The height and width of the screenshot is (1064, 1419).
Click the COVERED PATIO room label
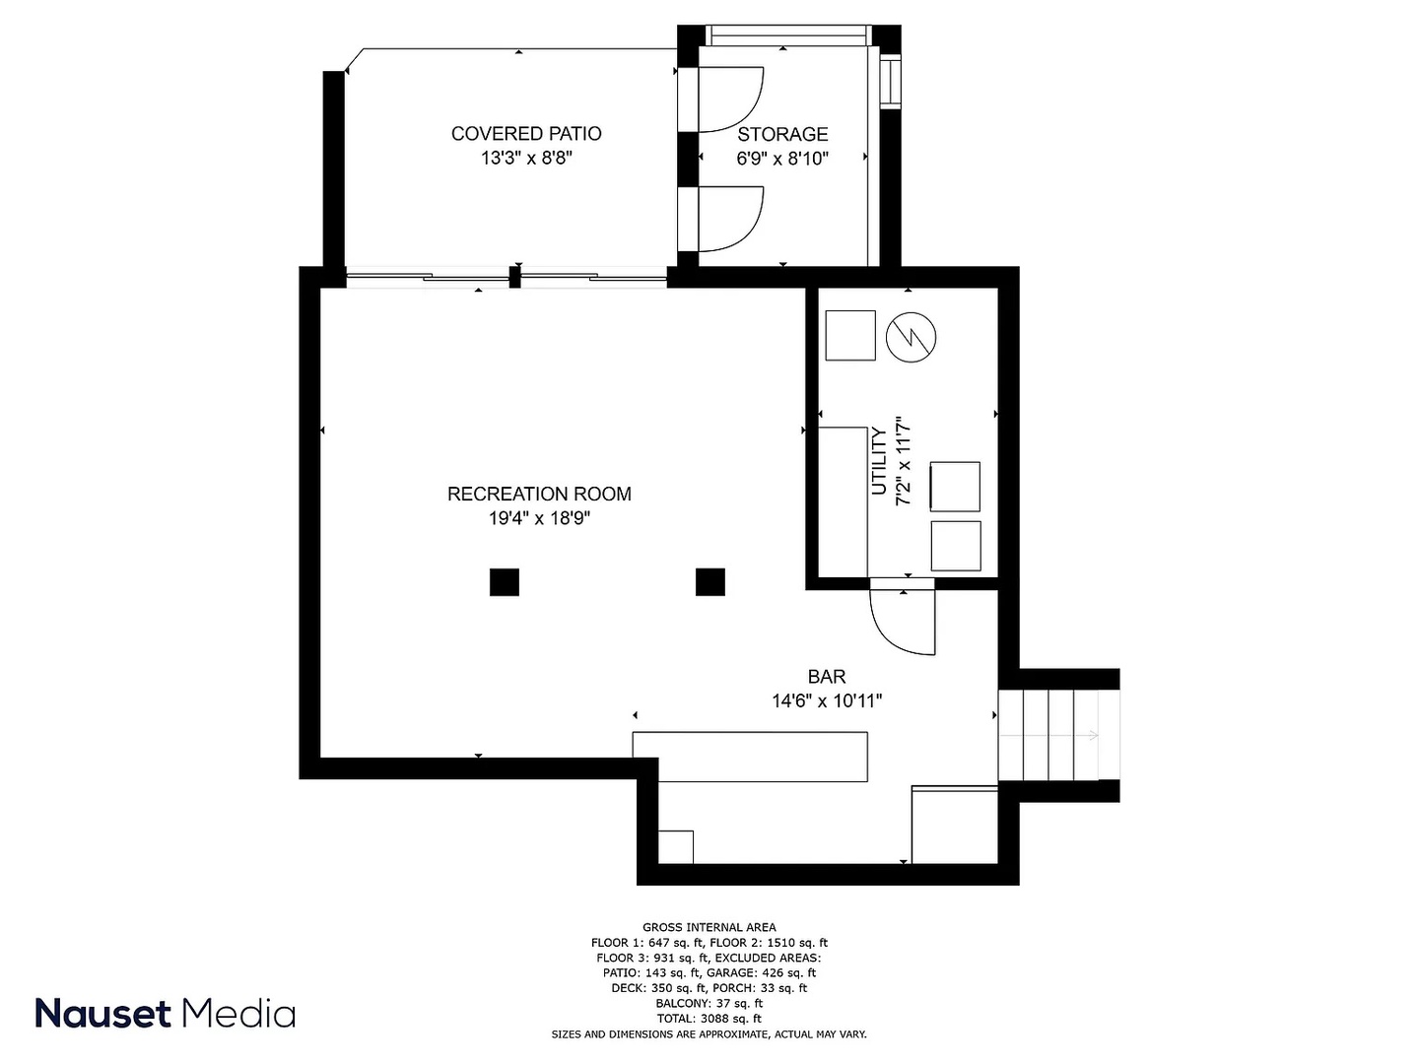pos(526,134)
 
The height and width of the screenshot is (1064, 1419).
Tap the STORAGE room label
pos(782,134)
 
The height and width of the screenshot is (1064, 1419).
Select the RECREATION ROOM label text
pos(539,495)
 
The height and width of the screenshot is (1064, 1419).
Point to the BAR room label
pos(826,677)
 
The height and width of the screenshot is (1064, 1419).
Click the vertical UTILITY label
pos(879,461)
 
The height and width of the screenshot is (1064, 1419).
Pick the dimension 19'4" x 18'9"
pos(539,518)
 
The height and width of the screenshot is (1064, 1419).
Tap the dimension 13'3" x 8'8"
pos(526,159)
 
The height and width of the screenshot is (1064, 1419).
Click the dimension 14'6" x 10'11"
pos(826,700)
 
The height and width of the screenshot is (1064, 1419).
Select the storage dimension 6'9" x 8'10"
pos(782,159)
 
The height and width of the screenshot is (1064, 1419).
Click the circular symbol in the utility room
pos(911,337)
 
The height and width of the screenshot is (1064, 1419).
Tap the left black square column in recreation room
pos(505,582)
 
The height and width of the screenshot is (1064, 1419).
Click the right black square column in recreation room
pos(709,582)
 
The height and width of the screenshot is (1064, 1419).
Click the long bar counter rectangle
pos(750,757)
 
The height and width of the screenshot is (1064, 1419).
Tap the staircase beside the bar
pos(1047,735)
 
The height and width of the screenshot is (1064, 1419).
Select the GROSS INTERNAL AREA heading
pos(709,927)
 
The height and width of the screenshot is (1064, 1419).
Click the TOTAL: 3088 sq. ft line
pos(709,1018)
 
